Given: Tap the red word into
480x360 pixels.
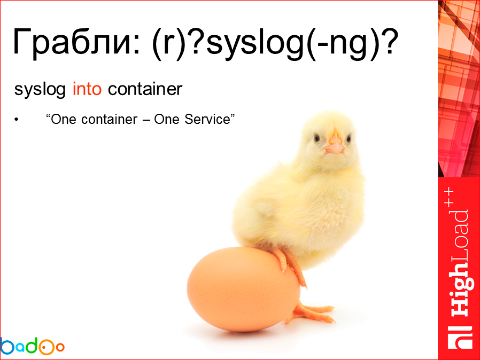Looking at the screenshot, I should (87, 89).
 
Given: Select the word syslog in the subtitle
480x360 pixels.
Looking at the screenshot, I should (41, 89).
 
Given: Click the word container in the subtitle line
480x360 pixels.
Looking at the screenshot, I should (145, 89).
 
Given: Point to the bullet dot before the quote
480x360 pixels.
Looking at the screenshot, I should (17, 120).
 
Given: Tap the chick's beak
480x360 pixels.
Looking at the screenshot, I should (335, 145).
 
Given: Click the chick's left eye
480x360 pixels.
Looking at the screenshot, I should (317, 137).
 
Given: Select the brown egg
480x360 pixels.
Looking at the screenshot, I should (243, 288).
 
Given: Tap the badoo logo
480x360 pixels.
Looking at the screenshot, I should (32, 346).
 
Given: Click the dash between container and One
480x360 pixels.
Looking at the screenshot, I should (145, 120).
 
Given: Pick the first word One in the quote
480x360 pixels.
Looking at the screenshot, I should (63, 119).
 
